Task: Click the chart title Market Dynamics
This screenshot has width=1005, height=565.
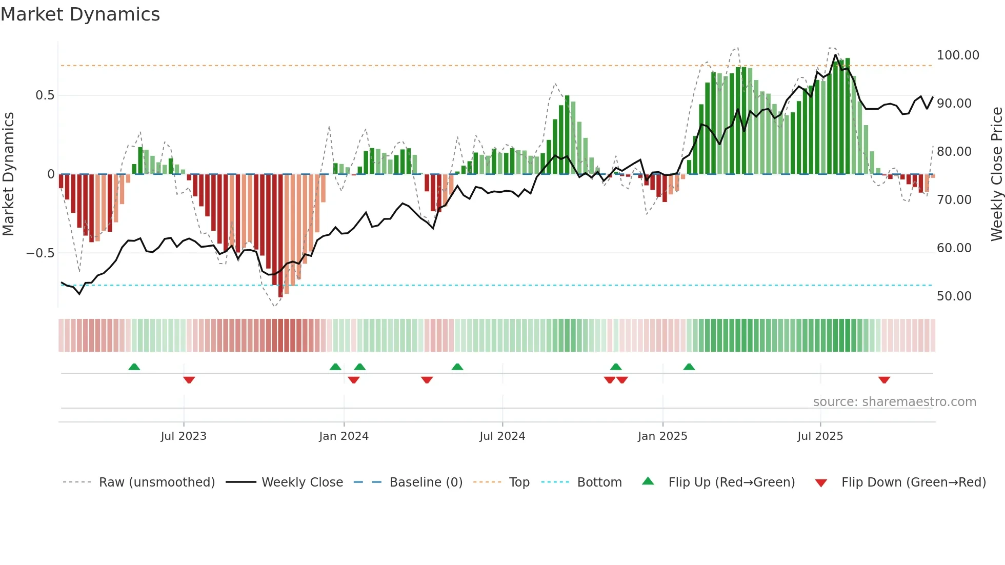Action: (x=81, y=14)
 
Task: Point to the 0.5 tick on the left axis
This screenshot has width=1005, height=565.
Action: (x=45, y=95)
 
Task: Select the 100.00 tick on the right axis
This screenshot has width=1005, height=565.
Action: (x=958, y=55)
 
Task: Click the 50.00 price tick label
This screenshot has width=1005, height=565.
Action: (x=954, y=296)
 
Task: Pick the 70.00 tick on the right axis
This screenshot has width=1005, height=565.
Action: (x=954, y=200)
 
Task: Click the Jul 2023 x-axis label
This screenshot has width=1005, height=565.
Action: (x=184, y=436)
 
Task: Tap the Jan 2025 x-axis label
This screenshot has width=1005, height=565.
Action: (x=662, y=436)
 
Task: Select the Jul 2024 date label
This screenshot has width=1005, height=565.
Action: (x=502, y=436)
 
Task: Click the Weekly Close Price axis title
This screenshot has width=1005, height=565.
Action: (x=996, y=174)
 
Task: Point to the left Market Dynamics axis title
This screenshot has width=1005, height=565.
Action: (x=8, y=174)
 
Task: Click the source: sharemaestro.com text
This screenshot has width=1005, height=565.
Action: (x=894, y=402)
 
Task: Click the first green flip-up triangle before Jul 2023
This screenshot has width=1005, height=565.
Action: (x=134, y=367)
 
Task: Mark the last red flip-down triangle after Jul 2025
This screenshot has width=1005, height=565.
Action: (x=884, y=380)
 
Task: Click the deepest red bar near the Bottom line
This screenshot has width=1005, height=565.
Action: (x=280, y=236)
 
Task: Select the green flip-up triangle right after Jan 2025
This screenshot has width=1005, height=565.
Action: (x=689, y=367)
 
